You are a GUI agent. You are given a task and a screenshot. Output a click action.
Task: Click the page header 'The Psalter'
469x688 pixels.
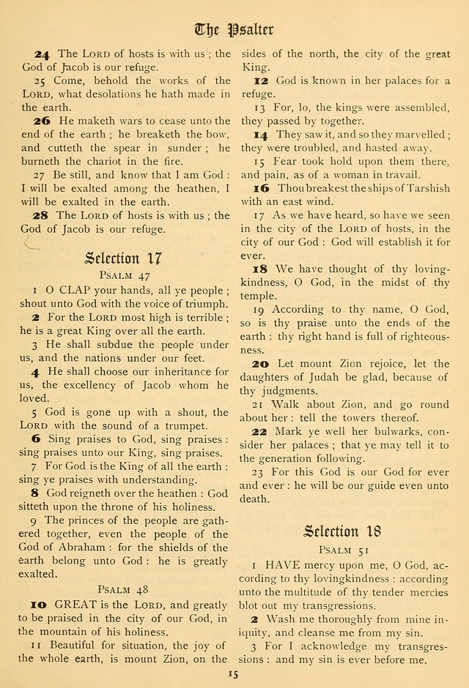[234, 29]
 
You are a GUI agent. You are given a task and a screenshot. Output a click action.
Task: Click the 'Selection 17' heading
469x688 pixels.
[122, 258]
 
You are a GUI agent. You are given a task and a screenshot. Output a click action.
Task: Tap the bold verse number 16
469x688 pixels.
[262, 188]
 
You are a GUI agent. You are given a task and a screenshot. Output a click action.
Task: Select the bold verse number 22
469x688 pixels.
[262, 432]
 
